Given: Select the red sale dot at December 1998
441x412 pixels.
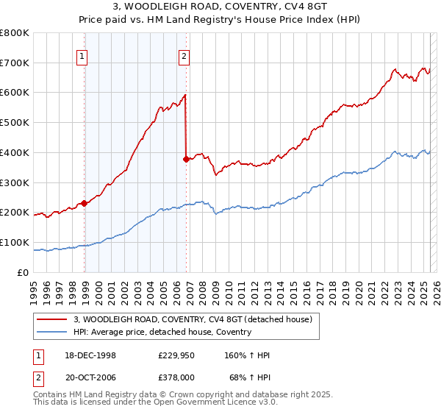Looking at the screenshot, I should click(85, 203).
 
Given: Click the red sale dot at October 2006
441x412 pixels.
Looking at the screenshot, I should click(186, 158).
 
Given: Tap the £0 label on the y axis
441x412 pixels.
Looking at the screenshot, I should click(24, 272).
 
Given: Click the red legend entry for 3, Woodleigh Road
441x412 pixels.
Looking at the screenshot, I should click(193, 319).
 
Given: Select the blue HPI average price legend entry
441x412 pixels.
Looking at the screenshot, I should click(162, 332).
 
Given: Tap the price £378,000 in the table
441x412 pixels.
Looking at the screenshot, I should click(176, 376).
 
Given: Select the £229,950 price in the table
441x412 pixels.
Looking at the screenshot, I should click(176, 355).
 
